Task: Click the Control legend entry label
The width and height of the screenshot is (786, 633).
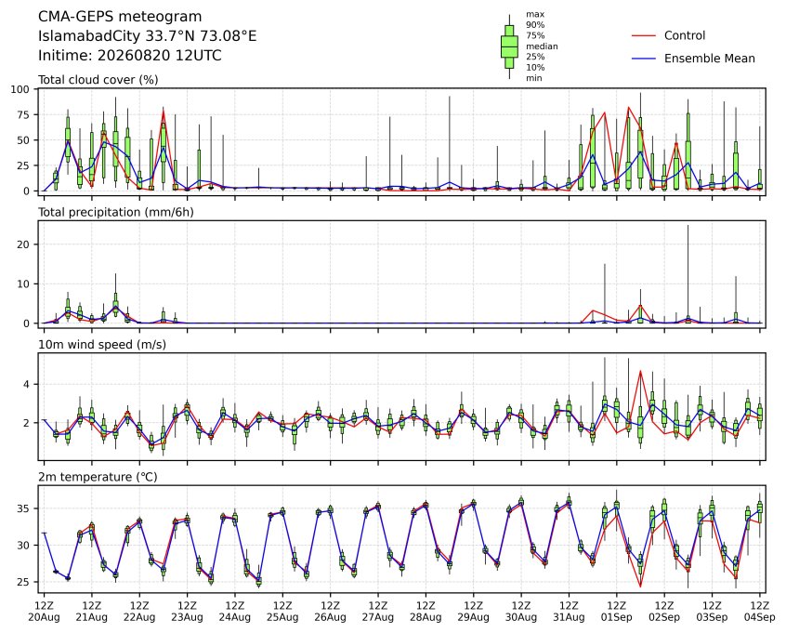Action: click(684, 35)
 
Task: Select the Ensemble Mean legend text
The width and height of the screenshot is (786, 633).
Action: click(709, 59)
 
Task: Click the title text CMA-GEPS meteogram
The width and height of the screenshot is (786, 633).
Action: click(120, 17)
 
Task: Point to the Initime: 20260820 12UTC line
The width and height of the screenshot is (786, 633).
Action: click(130, 55)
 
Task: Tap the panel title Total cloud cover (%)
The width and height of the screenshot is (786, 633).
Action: click(98, 80)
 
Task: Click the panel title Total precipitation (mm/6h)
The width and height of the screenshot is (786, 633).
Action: click(116, 212)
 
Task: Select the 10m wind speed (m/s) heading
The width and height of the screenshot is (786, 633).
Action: click(102, 345)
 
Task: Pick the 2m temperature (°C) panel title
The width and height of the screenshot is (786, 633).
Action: click(98, 477)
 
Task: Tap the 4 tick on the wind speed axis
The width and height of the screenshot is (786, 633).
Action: click(27, 384)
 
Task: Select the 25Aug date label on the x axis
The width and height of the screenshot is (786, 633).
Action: click(282, 617)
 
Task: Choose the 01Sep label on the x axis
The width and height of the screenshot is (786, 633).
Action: click(617, 617)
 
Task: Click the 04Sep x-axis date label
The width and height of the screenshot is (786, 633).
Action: click(759, 617)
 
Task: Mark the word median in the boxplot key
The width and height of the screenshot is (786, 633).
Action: click(542, 46)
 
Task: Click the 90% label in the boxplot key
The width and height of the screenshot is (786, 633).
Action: click(535, 24)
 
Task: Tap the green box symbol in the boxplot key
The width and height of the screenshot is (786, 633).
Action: click(509, 46)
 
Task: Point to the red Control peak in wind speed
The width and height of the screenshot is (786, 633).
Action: click(640, 371)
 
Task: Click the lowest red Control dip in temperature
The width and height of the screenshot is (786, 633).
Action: click(640, 586)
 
